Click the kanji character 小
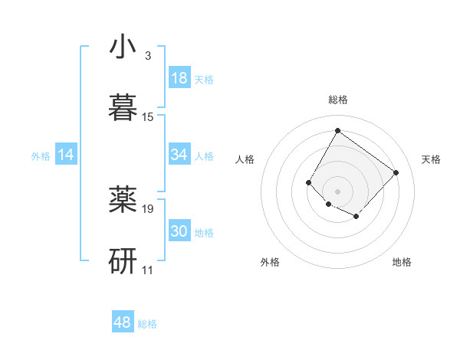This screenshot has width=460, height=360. (123, 47)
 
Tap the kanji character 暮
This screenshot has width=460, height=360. (123, 108)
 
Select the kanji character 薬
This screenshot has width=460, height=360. (123, 199)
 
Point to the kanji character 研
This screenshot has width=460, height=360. (123, 260)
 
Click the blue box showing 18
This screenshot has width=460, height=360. (179, 78)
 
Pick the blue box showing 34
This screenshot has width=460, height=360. (179, 155)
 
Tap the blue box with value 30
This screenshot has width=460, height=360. (179, 231)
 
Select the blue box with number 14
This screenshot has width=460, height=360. (66, 155)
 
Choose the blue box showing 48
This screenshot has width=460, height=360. (123, 322)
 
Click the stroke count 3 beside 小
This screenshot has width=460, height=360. (147, 56)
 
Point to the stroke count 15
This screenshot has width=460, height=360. (148, 117)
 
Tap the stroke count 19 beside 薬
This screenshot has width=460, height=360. (148, 208)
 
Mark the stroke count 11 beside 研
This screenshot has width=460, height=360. (148, 270)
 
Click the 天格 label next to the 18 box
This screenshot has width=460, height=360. (204, 79)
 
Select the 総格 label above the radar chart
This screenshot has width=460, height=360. (337, 100)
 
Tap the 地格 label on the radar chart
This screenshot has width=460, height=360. (402, 262)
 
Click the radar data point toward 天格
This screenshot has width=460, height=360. (396, 172)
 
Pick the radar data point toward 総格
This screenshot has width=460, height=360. (337, 130)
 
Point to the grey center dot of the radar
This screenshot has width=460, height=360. (337, 191)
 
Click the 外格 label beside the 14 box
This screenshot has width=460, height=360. (41, 155)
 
